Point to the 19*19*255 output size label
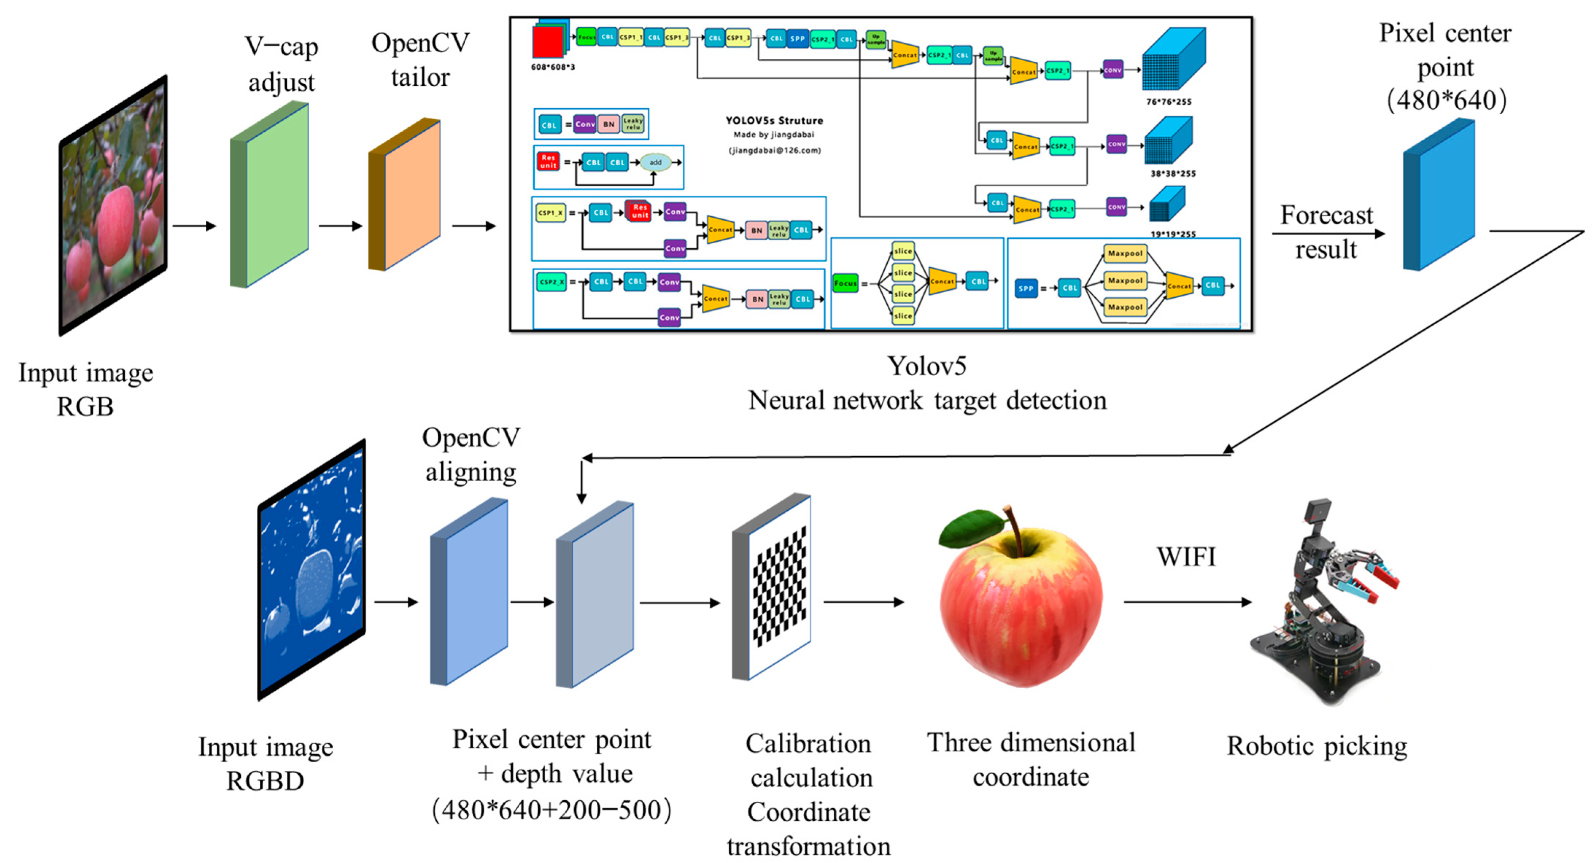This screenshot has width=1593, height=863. point(1173,234)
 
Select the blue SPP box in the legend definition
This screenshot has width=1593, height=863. point(1026,288)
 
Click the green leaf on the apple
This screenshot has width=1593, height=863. point(971,527)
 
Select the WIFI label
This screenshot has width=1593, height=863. point(1186,557)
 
